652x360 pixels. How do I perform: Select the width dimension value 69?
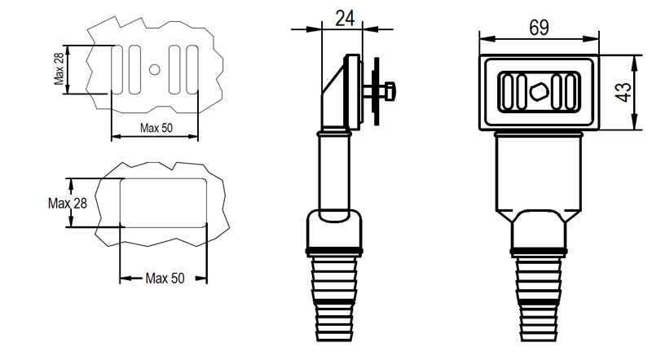point(539,27)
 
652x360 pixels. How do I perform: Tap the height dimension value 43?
point(623,92)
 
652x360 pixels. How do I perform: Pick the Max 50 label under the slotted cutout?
point(156,128)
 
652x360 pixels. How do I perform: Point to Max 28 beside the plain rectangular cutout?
point(67,203)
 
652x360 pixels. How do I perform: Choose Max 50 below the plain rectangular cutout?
point(165,279)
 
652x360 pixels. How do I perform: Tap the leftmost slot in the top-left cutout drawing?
point(117,69)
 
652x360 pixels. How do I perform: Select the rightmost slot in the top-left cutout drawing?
point(192,69)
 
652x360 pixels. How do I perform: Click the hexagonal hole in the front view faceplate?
point(538,91)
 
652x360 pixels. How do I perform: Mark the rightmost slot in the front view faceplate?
point(569,91)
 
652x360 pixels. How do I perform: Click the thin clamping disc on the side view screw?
point(377,91)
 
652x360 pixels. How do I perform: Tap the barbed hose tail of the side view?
point(336,297)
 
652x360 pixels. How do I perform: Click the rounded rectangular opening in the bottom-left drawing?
point(163,203)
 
